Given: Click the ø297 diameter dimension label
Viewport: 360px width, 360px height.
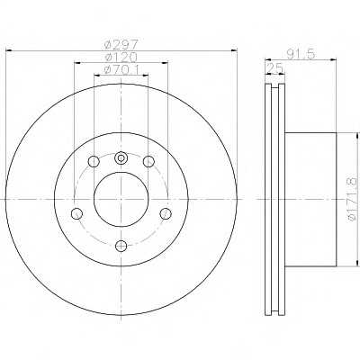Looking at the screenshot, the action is pyautogui.click(x=121, y=45).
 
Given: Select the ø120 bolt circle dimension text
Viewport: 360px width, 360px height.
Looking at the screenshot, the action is pyautogui.click(x=121, y=57).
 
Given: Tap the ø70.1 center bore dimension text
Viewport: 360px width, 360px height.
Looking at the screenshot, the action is pyautogui.click(x=121, y=70).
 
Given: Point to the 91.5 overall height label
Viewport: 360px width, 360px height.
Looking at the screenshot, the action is pyautogui.click(x=301, y=54).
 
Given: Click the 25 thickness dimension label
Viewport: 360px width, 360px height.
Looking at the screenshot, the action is pyautogui.click(x=274, y=68).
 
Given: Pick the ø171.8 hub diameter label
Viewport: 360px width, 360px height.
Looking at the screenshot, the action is pyautogui.click(x=352, y=199).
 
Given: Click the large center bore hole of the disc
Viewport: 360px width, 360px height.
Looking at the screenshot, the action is pyautogui.click(x=121, y=199).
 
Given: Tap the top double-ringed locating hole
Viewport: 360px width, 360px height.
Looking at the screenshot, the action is pyautogui.click(x=121, y=157).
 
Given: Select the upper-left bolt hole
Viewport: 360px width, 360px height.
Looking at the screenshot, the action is pyautogui.click(x=94, y=162).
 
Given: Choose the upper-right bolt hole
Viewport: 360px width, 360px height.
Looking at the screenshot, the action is pyautogui.click(x=148, y=162).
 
